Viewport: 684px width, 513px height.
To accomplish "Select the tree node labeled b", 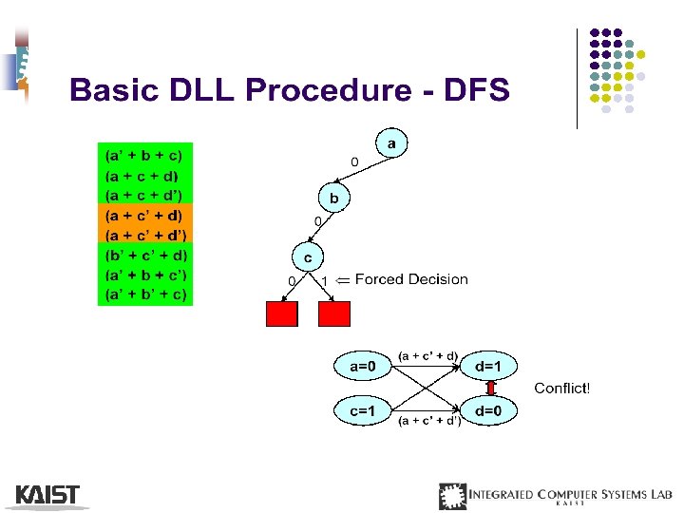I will click(x=333, y=199).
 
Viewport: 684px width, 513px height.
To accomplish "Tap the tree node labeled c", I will click(x=307, y=256).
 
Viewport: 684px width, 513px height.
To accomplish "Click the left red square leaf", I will click(x=282, y=313).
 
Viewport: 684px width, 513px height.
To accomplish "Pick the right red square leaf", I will click(x=335, y=313).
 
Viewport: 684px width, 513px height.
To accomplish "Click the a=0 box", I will click(x=364, y=365).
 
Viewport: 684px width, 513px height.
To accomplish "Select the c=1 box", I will click(x=364, y=410).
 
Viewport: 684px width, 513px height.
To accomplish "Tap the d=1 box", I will click(x=495, y=365).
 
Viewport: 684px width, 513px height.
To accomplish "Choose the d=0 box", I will click(x=495, y=410).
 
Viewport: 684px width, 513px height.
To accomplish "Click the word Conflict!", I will click(x=562, y=388).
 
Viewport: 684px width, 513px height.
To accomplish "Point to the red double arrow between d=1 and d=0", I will click(x=492, y=388).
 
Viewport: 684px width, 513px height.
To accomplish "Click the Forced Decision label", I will click(x=410, y=279).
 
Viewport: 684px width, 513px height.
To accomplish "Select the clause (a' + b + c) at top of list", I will click(x=144, y=155).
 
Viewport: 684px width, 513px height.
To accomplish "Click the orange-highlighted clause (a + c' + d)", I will click(x=145, y=215).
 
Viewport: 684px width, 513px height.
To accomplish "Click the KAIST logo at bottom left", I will click(x=47, y=495).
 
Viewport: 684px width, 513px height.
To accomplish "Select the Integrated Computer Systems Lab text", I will click(x=570, y=494).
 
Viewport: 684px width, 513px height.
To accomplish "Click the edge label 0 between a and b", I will click(x=354, y=162).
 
